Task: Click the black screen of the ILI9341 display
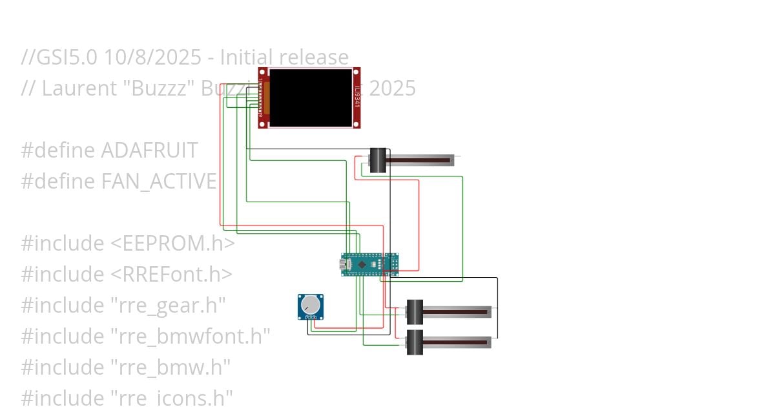coord(311,98)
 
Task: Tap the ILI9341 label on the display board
coord(356,98)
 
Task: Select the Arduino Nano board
coord(369,264)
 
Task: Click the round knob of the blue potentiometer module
coord(311,304)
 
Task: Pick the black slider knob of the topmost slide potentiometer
coord(378,160)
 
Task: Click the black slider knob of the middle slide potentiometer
coord(414,311)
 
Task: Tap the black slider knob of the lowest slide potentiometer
coord(414,340)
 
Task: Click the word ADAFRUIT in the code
coord(149,151)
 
